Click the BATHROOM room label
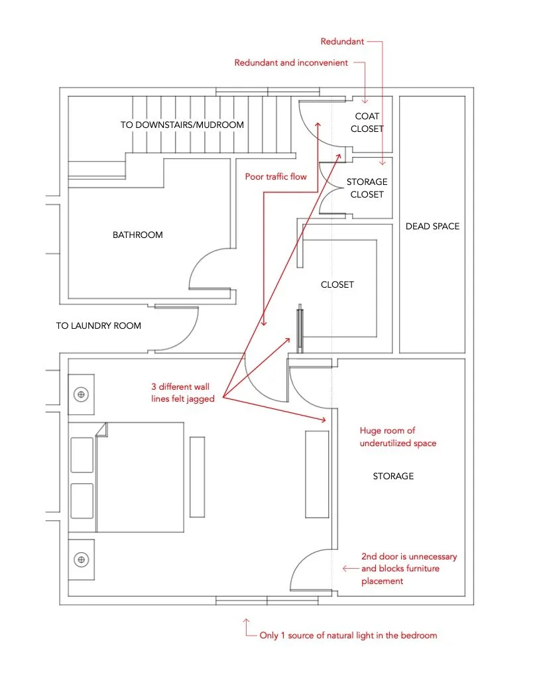pyautogui.click(x=137, y=235)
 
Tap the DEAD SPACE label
pyautogui.click(x=432, y=226)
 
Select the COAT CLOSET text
pyautogui.click(x=367, y=123)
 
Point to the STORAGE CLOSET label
pyautogui.click(x=367, y=188)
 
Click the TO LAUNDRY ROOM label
pyautogui.click(x=98, y=325)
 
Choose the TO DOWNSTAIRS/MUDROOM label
pyautogui.click(x=182, y=125)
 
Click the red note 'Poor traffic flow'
pyautogui.click(x=276, y=176)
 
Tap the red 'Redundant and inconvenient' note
pyautogui.click(x=290, y=63)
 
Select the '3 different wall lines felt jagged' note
pyautogui.click(x=182, y=392)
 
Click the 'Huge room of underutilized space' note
pyautogui.click(x=398, y=437)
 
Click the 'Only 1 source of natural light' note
pyautogui.click(x=348, y=635)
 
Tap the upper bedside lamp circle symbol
pyautogui.click(x=82, y=394)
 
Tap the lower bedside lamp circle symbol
pyautogui.click(x=82, y=560)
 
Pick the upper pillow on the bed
pyautogui.click(x=82, y=455)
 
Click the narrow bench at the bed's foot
pyautogui.click(x=197, y=476)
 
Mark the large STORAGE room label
pyautogui.click(x=393, y=476)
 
